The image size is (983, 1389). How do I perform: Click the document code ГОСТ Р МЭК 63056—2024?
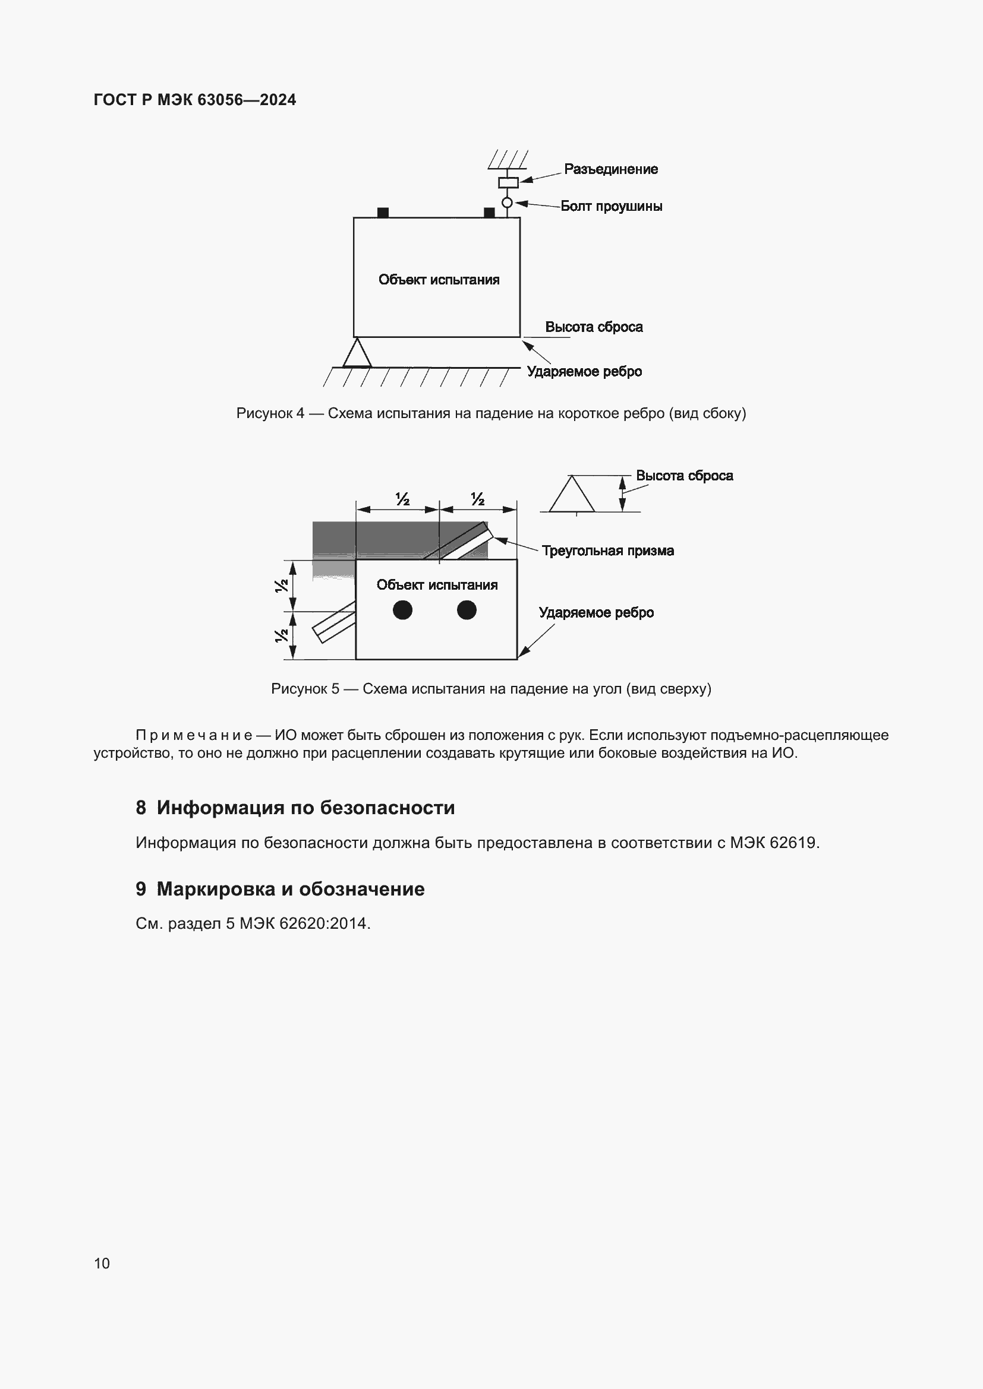pyautogui.click(x=194, y=100)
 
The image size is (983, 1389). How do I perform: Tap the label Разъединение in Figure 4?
pyautogui.click(x=610, y=169)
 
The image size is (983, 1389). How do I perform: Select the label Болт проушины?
pyautogui.click(x=611, y=206)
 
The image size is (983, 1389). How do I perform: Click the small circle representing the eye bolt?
pyautogui.click(x=507, y=203)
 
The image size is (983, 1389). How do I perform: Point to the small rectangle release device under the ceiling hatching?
pyautogui.click(x=508, y=182)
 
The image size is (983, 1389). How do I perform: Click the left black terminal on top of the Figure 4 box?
pyautogui.click(x=383, y=213)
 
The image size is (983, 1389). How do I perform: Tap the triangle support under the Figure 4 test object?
pyautogui.click(x=357, y=355)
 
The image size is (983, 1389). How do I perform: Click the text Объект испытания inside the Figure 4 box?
pyautogui.click(x=439, y=280)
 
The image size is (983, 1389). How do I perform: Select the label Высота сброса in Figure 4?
pyautogui.click(x=593, y=327)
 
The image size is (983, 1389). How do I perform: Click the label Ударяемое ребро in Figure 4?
pyautogui.click(x=584, y=371)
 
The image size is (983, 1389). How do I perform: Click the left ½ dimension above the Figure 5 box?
pyautogui.click(x=402, y=499)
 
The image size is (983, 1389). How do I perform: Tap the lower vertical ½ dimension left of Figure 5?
pyautogui.click(x=282, y=636)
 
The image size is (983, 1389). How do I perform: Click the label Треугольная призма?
pyautogui.click(x=607, y=550)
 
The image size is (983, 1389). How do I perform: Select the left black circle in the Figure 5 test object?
pyautogui.click(x=402, y=610)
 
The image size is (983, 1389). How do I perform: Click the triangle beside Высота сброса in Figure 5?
pyautogui.click(x=571, y=495)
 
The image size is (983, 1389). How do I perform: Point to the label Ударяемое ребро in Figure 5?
pyautogui.click(x=596, y=613)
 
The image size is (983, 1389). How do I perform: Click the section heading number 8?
pyautogui.click(x=141, y=808)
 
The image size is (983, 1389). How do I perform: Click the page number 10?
pyautogui.click(x=102, y=1263)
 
